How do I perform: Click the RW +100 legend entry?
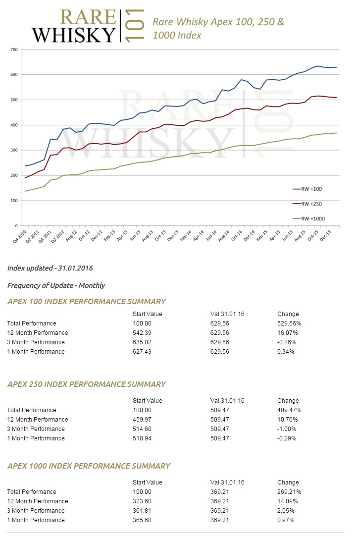pos(307,189)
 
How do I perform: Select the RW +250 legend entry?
pos(307,204)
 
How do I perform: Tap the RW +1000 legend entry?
pos(309,218)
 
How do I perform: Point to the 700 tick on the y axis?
pos(14,50)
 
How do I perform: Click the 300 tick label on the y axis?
pos(14,150)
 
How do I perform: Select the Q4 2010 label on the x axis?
pos(20,236)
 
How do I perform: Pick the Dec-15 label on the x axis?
pos(325,236)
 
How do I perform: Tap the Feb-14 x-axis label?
pos(186,236)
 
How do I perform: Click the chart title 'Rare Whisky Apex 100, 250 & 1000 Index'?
pos(218,28)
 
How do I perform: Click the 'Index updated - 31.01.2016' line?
pos(50,268)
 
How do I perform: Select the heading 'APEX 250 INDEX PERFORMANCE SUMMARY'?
pos(86,384)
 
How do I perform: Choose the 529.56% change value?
pos(289,323)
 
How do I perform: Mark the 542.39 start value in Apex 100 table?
pos(142,333)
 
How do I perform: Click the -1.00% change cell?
pos(287,429)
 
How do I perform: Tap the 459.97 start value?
pos(142,419)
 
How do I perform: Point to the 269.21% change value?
pos(289,491)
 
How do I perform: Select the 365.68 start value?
pos(142,520)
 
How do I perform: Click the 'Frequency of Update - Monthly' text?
pos(56,285)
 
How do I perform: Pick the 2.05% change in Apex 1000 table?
pos(286,511)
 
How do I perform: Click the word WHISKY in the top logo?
pos(74,35)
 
